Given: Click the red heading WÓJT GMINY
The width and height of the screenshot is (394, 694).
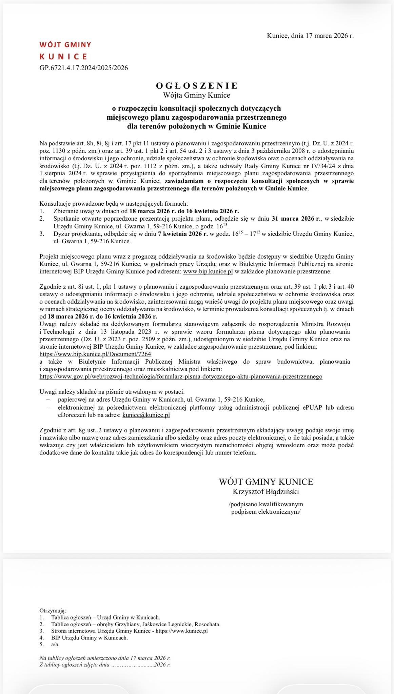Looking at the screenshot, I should tap(65, 45).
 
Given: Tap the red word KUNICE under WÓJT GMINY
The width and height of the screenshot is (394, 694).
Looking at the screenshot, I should tap(63, 56).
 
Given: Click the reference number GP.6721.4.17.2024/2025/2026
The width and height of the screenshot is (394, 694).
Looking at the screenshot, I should tap(84, 68).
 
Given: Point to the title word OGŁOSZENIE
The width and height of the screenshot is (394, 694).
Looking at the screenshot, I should tap(197, 85).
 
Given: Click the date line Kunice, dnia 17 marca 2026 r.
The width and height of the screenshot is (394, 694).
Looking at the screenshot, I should tap(310, 36).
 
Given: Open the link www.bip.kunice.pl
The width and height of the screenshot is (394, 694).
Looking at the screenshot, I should tap(208, 271).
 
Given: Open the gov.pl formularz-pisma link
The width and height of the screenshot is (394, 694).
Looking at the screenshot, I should tap(181, 376).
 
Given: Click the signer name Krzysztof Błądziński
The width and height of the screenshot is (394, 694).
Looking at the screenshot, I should tap(266, 491).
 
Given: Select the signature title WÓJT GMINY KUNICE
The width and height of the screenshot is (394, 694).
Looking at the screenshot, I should tap(266, 482).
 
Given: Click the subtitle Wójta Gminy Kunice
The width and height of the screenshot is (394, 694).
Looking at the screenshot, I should tap(197, 96).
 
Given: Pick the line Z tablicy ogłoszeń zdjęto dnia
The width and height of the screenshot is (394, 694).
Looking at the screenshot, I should tap(105, 665).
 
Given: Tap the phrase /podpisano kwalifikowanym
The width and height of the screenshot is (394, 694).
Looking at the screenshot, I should tap(266, 504).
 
